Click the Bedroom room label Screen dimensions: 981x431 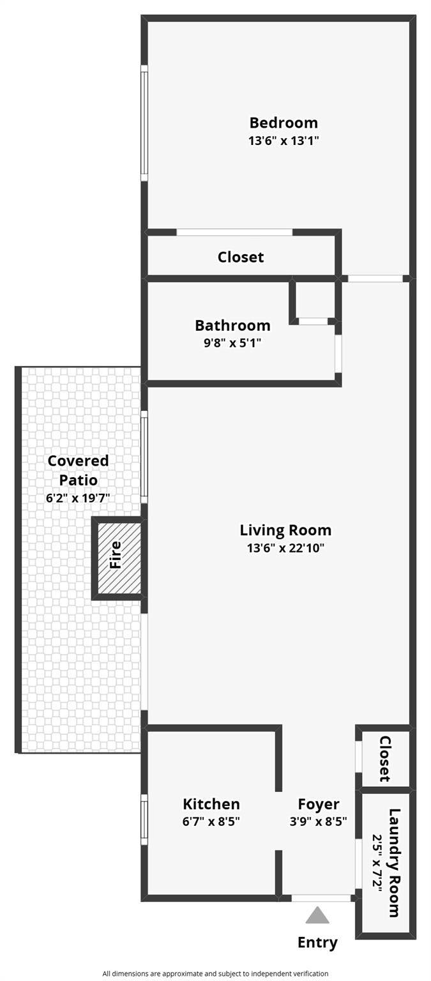[283, 123]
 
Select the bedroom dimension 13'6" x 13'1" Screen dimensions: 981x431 [283, 141]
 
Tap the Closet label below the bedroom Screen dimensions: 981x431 [240, 257]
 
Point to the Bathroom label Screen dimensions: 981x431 [232, 326]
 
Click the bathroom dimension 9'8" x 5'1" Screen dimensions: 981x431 [232, 343]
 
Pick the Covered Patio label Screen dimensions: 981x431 [78, 470]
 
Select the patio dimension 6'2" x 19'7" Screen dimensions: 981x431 [78, 498]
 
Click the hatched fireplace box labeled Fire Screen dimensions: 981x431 [119, 558]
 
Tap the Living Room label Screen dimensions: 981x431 [285, 530]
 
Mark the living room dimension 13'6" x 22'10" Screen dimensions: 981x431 [285, 548]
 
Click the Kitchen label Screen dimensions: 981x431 [211, 804]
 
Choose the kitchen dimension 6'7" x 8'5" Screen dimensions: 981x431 [211, 821]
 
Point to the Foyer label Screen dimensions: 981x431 [318, 804]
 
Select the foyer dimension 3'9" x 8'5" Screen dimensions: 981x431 [318, 821]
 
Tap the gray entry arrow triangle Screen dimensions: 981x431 [317, 916]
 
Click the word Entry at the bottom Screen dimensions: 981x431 [317, 942]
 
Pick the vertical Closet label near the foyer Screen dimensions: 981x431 [385, 759]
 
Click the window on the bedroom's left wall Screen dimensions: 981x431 [144, 123]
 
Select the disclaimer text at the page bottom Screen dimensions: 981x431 [215, 973]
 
